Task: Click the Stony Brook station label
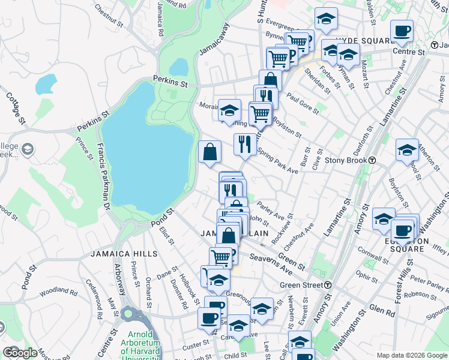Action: coord(346,161)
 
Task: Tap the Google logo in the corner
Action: coord(20,353)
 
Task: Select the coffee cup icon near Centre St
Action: coord(402,32)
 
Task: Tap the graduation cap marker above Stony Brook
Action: coord(407,150)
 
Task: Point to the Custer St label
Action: coord(194,346)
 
